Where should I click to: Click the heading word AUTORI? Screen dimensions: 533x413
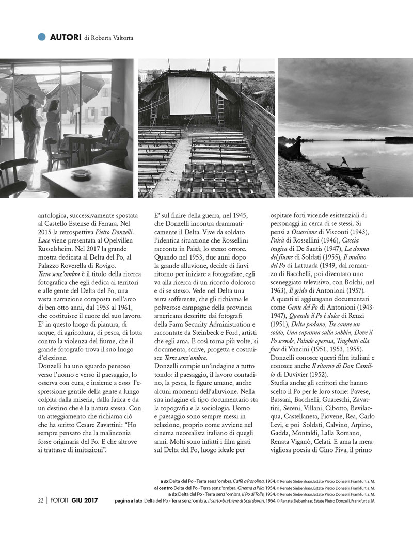(x=65, y=37)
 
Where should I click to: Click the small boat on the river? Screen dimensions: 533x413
(x=345, y=169)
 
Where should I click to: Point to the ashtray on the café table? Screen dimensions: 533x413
(x=81, y=174)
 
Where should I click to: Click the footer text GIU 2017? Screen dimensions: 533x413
(x=85, y=500)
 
